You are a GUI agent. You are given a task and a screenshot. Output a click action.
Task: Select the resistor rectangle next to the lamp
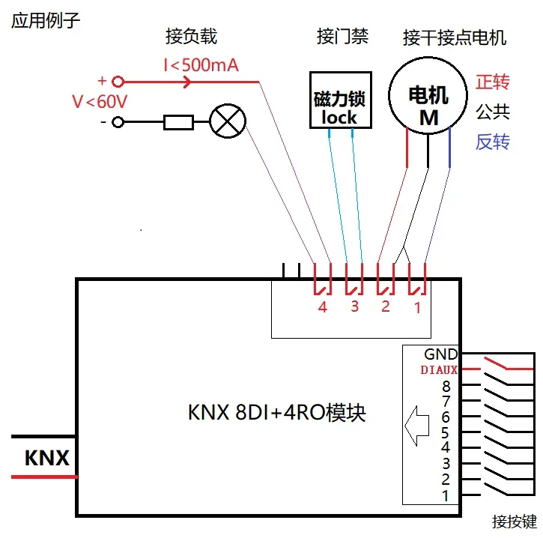tap(179, 122)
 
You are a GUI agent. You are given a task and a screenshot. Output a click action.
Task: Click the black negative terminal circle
tap(117, 122)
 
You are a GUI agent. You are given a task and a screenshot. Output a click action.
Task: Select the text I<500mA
tap(201, 66)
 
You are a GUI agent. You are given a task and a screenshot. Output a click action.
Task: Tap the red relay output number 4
tap(322, 307)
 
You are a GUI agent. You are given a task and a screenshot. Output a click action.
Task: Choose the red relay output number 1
tap(417, 307)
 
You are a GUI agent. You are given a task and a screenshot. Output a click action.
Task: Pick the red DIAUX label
tap(437, 369)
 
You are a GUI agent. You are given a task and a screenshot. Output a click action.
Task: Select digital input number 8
tap(446, 387)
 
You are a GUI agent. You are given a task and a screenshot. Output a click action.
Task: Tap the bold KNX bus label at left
tap(46, 458)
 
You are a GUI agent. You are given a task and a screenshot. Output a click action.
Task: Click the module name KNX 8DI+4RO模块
tap(276, 412)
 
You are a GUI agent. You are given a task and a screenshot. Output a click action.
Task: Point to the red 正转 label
tap(493, 82)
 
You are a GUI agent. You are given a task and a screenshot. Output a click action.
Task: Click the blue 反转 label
tap(493, 142)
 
